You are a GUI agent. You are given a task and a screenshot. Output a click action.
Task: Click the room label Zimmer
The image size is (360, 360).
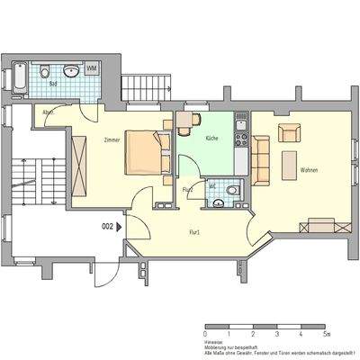coord(112,139)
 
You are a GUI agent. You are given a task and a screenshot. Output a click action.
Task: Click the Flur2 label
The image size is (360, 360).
coord(188,190)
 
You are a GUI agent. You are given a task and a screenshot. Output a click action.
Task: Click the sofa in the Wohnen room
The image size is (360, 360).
coord(261,159)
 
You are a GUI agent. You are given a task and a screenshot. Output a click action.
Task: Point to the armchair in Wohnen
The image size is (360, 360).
coord(289,134)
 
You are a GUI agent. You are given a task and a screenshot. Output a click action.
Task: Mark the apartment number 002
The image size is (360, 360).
coord(108,228)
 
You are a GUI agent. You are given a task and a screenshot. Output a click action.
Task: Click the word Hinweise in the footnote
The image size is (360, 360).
coord(215,340)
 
